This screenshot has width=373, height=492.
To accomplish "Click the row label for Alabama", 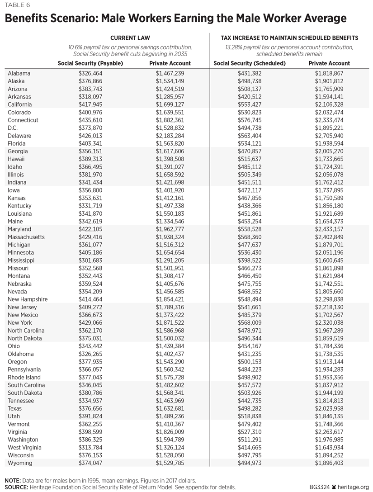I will [19, 73].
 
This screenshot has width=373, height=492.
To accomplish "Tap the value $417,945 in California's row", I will [90, 104].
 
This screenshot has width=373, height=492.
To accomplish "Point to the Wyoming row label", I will [19, 463].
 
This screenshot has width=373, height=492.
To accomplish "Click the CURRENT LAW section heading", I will [130, 38].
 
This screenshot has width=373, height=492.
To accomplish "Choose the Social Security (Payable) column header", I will [90, 63].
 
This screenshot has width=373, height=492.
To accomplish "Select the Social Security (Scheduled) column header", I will [250, 63].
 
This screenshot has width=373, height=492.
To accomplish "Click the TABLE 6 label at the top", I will [18, 5].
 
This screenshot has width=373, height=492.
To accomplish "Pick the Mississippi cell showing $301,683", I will [90, 260].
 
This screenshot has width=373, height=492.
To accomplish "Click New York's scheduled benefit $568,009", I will [250, 323].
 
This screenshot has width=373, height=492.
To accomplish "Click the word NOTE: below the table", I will [13, 480].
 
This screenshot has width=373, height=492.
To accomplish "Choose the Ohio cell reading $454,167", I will [250, 346].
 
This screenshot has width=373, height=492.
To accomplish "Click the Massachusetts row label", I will [26, 237].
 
